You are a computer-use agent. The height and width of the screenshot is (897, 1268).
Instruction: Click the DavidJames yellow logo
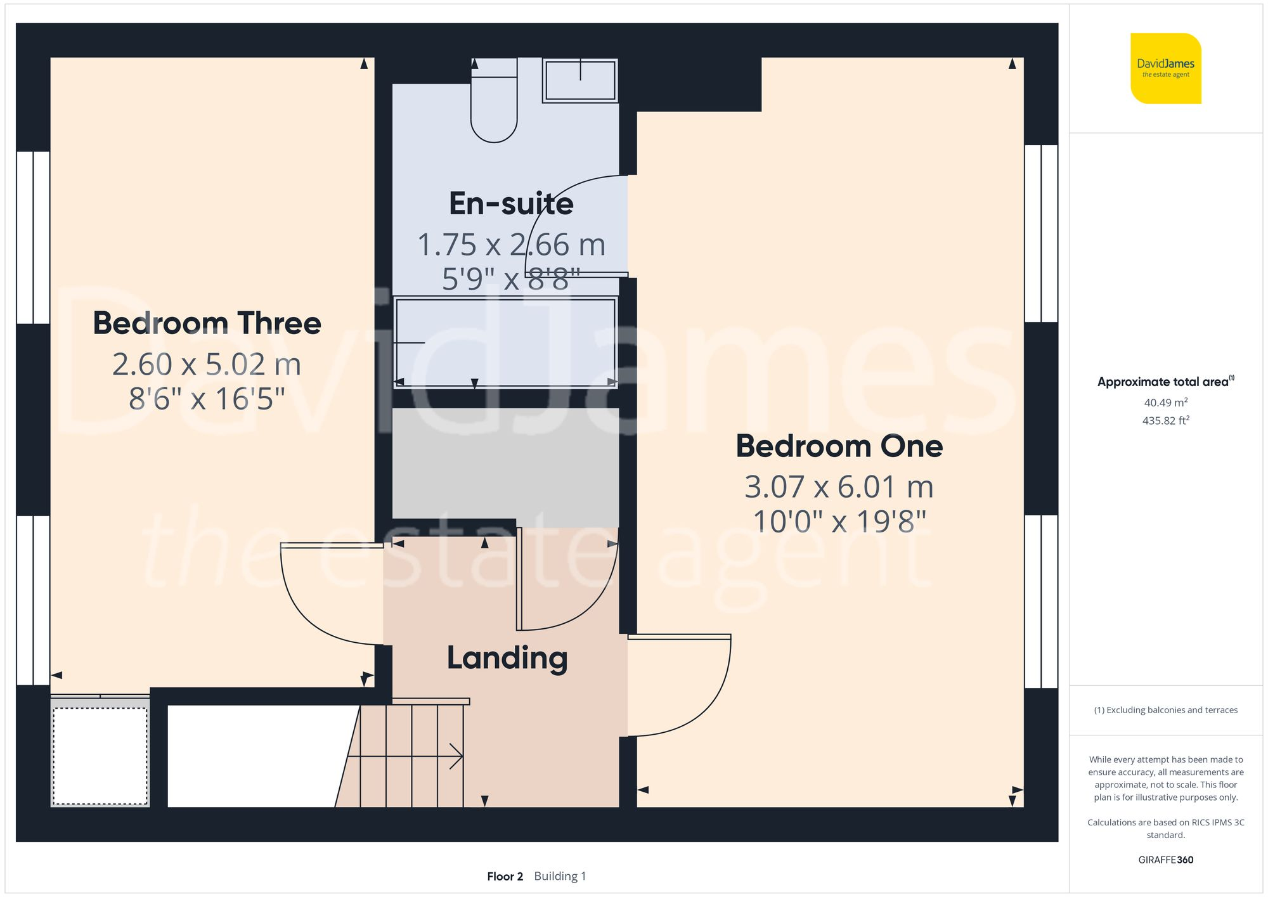(x=1165, y=68)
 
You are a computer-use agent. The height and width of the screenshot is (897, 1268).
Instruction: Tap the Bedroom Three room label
(x=207, y=323)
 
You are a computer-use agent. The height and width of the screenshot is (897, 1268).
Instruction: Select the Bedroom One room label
(x=839, y=446)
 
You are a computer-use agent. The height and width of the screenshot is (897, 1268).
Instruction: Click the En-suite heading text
(x=511, y=203)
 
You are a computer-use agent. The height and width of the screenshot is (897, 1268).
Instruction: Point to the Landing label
(x=507, y=658)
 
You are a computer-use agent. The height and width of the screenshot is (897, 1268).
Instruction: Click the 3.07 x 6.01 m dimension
(x=839, y=487)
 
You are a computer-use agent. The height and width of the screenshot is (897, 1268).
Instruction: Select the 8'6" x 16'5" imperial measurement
(x=207, y=399)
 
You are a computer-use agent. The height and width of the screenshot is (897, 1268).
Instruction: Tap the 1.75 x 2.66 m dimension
(x=511, y=245)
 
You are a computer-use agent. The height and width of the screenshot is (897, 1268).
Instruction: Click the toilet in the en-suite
(x=494, y=105)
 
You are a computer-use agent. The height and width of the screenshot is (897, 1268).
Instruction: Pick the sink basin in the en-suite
(x=580, y=81)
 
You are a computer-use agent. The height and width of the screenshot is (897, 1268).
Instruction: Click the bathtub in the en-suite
(x=505, y=342)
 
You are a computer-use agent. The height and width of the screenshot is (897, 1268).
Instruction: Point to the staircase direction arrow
(x=455, y=756)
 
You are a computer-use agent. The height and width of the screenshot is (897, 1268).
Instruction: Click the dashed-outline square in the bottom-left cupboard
(x=100, y=756)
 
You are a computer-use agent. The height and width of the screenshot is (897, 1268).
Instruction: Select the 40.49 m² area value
(x=1165, y=403)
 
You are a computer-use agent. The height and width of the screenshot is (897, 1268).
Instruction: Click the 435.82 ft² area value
(x=1165, y=420)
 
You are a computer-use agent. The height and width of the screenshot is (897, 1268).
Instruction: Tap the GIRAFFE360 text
(x=1165, y=860)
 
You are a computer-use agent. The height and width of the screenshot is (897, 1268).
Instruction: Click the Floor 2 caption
(x=505, y=876)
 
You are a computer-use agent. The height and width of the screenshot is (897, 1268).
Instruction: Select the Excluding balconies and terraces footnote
(x=1165, y=710)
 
